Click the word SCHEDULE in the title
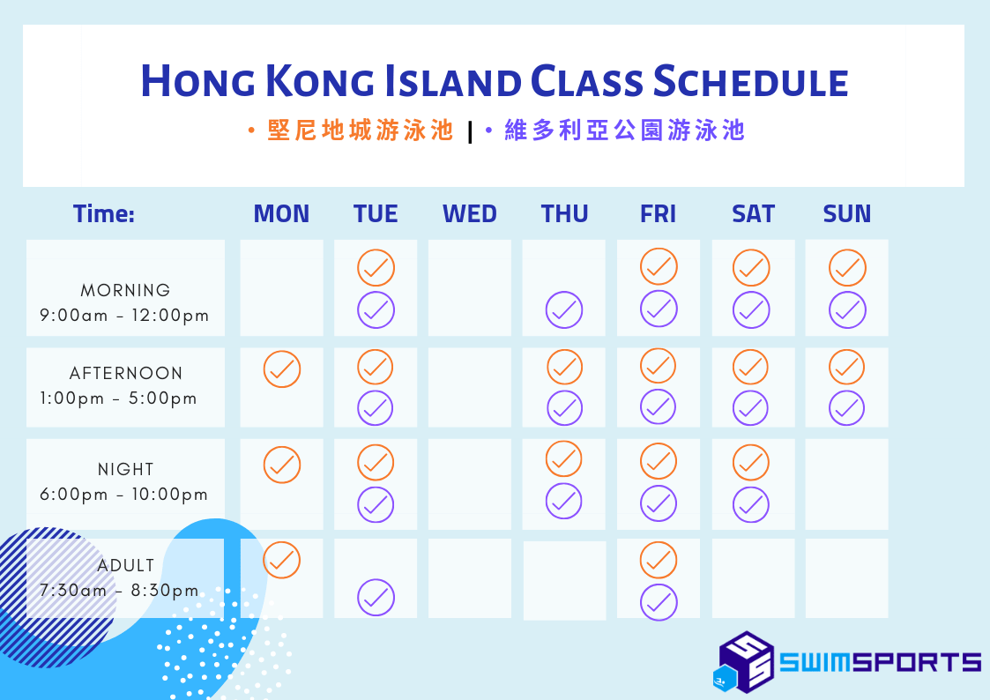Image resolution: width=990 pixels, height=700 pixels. click(751, 81)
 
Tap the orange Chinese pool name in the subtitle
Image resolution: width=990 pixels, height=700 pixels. click(360, 130)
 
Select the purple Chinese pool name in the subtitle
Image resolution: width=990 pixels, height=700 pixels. click(624, 130)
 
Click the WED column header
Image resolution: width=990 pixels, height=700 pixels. click(470, 214)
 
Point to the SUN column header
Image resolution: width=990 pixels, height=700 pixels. click(846, 214)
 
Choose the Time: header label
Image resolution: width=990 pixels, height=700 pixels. click(104, 214)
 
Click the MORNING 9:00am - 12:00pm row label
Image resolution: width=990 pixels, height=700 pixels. click(124, 302)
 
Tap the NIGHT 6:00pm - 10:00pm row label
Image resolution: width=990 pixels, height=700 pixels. click(124, 481)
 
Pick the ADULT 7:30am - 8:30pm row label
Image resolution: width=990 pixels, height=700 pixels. click(120, 577)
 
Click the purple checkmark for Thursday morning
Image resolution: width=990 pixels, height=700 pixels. click(564, 310)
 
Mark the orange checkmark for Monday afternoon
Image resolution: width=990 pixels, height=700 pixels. click(281, 369)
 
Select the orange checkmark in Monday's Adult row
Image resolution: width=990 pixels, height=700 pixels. click(281, 560)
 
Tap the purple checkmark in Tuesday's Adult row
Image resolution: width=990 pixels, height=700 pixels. click(376, 597)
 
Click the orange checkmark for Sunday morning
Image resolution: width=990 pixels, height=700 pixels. click(847, 268)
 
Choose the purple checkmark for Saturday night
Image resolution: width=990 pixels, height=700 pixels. click(751, 504)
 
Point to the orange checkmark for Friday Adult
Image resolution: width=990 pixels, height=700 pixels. click(659, 560)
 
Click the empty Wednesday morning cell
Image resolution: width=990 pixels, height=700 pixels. click(470, 287)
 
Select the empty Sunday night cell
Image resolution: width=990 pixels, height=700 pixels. click(846, 484)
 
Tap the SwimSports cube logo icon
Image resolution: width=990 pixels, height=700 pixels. click(744, 662)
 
